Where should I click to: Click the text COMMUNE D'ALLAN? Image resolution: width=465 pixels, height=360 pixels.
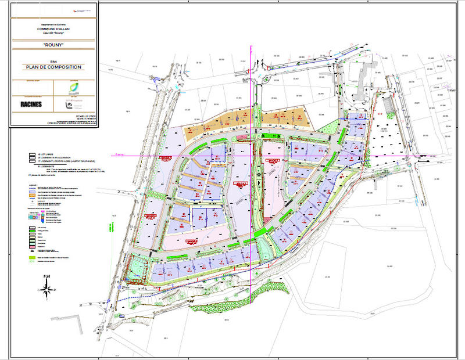(53, 28)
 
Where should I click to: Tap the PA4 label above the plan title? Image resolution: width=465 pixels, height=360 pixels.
(53, 61)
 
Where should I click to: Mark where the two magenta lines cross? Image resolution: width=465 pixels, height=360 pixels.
(252, 156)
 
